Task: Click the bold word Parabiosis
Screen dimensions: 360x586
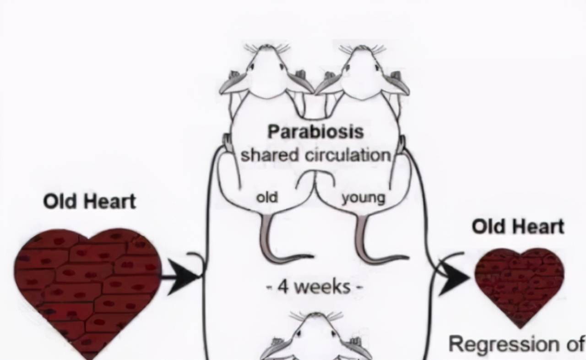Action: coord(315,132)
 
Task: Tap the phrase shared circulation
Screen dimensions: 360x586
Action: coord(315,155)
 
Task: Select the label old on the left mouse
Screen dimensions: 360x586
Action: coord(266,197)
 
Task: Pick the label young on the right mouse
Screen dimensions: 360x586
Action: coord(364,198)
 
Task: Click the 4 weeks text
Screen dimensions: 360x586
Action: coord(315,287)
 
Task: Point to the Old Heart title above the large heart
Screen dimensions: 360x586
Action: coord(90,202)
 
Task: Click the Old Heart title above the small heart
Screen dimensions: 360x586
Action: coord(518,226)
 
